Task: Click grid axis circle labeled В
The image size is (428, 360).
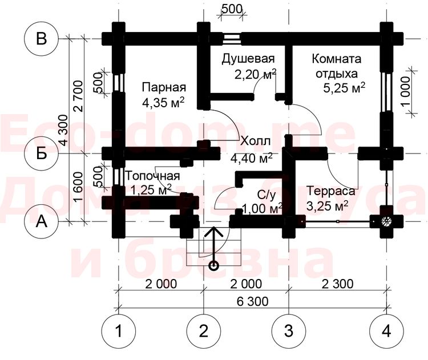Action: (41, 39)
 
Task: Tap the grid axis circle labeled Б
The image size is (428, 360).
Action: (41, 153)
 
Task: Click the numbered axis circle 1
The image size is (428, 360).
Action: (118, 330)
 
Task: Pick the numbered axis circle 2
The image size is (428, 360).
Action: (204, 330)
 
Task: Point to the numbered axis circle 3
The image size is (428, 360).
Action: (288, 330)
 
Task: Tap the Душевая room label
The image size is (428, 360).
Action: (248, 59)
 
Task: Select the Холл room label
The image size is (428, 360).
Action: (255, 141)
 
